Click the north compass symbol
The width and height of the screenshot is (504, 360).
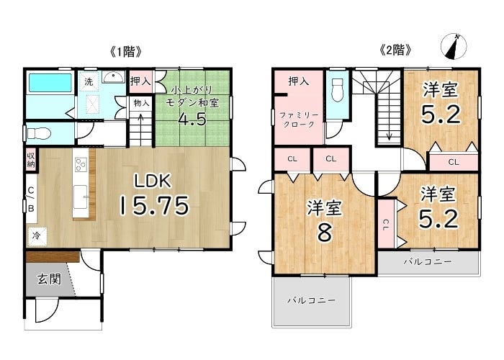454,47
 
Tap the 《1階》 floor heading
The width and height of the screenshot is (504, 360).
126,52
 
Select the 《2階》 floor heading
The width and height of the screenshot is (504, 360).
396,50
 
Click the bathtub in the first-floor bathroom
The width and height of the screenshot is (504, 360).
50,83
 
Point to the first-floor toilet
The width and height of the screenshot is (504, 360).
39,133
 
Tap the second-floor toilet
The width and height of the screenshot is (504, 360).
338,90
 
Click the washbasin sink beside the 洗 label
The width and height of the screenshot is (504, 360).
113,77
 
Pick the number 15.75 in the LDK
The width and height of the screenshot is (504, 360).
154,206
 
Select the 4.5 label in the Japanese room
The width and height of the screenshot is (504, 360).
192,120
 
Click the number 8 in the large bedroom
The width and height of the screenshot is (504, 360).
324,232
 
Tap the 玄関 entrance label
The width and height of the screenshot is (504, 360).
49,279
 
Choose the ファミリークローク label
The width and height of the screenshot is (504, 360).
299,120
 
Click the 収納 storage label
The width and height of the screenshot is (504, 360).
31,160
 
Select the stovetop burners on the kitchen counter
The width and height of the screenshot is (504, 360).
81,165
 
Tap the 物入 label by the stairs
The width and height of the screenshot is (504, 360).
141,103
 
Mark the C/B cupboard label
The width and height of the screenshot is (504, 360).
31,199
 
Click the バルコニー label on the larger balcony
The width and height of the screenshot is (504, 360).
312,300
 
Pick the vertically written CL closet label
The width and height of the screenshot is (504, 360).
386,225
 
